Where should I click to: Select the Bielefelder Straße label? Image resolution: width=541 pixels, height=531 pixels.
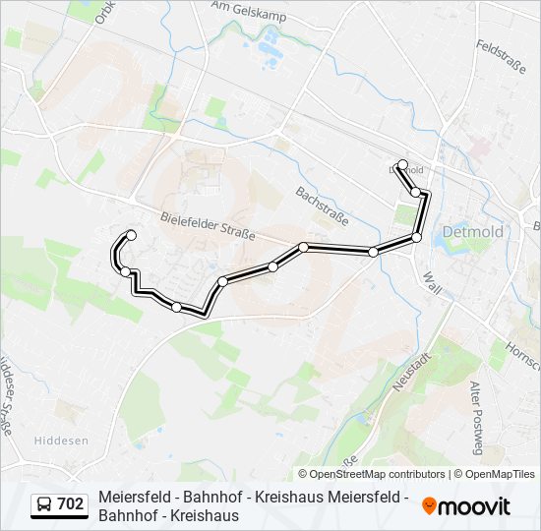[208, 226]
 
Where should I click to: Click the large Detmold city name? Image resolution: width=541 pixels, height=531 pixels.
[473, 232]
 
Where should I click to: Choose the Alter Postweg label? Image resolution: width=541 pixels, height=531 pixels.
[476, 418]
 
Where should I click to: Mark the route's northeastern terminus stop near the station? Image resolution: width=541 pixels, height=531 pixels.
[402, 165]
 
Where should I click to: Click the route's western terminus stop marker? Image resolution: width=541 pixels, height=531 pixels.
[131, 234]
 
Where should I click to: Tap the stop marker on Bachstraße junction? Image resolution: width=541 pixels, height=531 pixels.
[304, 247]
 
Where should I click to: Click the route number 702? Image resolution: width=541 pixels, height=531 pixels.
[71, 504]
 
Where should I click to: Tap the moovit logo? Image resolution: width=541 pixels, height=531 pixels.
[466, 506]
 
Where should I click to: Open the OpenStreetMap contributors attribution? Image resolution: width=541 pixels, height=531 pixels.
[371, 474]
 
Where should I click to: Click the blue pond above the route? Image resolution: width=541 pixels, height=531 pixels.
[269, 41]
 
